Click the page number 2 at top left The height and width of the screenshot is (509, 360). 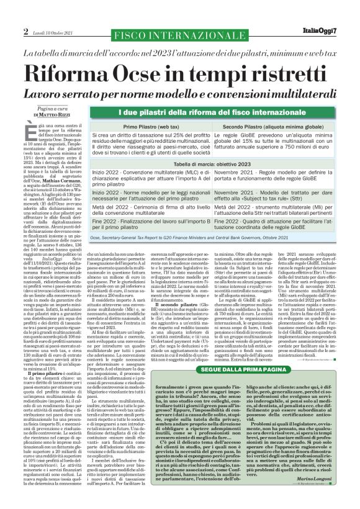pos(26,31)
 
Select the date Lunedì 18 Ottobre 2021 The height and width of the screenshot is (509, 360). pos(53,31)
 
